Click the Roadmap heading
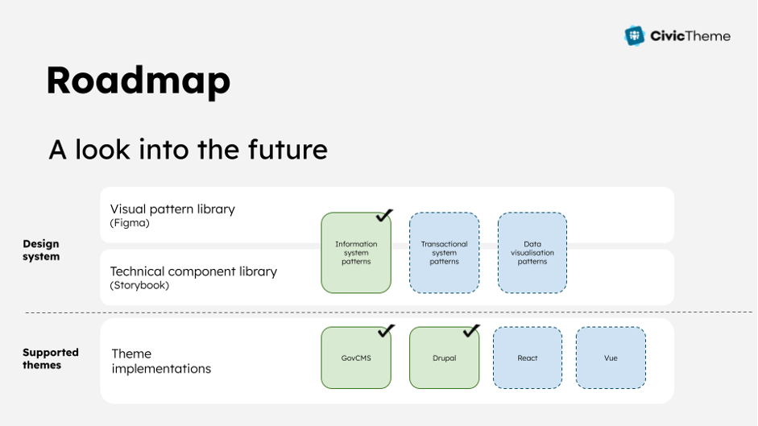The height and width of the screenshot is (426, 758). (x=139, y=81)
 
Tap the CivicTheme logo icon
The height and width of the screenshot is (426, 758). (x=635, y=35)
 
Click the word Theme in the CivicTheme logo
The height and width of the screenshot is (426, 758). (x=708, y=35)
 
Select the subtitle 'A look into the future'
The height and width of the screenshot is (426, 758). (x=188, y=150)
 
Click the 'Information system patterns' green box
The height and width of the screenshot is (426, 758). (x=356, y=253)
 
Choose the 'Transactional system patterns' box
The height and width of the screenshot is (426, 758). (x=445, y=253)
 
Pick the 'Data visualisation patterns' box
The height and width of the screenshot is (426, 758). (x=532, y=253)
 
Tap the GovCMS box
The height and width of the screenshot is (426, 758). (x=356, y=358)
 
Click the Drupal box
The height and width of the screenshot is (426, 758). (x=445, y=358)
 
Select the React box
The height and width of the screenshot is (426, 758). (x=528, y=358)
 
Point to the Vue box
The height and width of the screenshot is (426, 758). (x=611, y=358)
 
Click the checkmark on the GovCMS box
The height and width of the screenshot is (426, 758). (x=387, y=331)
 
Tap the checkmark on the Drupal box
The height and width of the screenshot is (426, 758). (x=471, y=331)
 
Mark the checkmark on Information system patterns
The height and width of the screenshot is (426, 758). (x=384, y=216)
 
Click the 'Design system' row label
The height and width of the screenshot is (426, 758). (x=41, y=250)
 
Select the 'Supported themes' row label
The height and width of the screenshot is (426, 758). (x=51, y=359)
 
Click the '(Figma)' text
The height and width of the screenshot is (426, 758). (x=130, y=223)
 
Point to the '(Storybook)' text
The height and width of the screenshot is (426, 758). (x=139, y=285)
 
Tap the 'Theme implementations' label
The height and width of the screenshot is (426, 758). (x=161, y=362)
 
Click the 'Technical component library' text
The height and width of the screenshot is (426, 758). (x=194, y=271)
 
